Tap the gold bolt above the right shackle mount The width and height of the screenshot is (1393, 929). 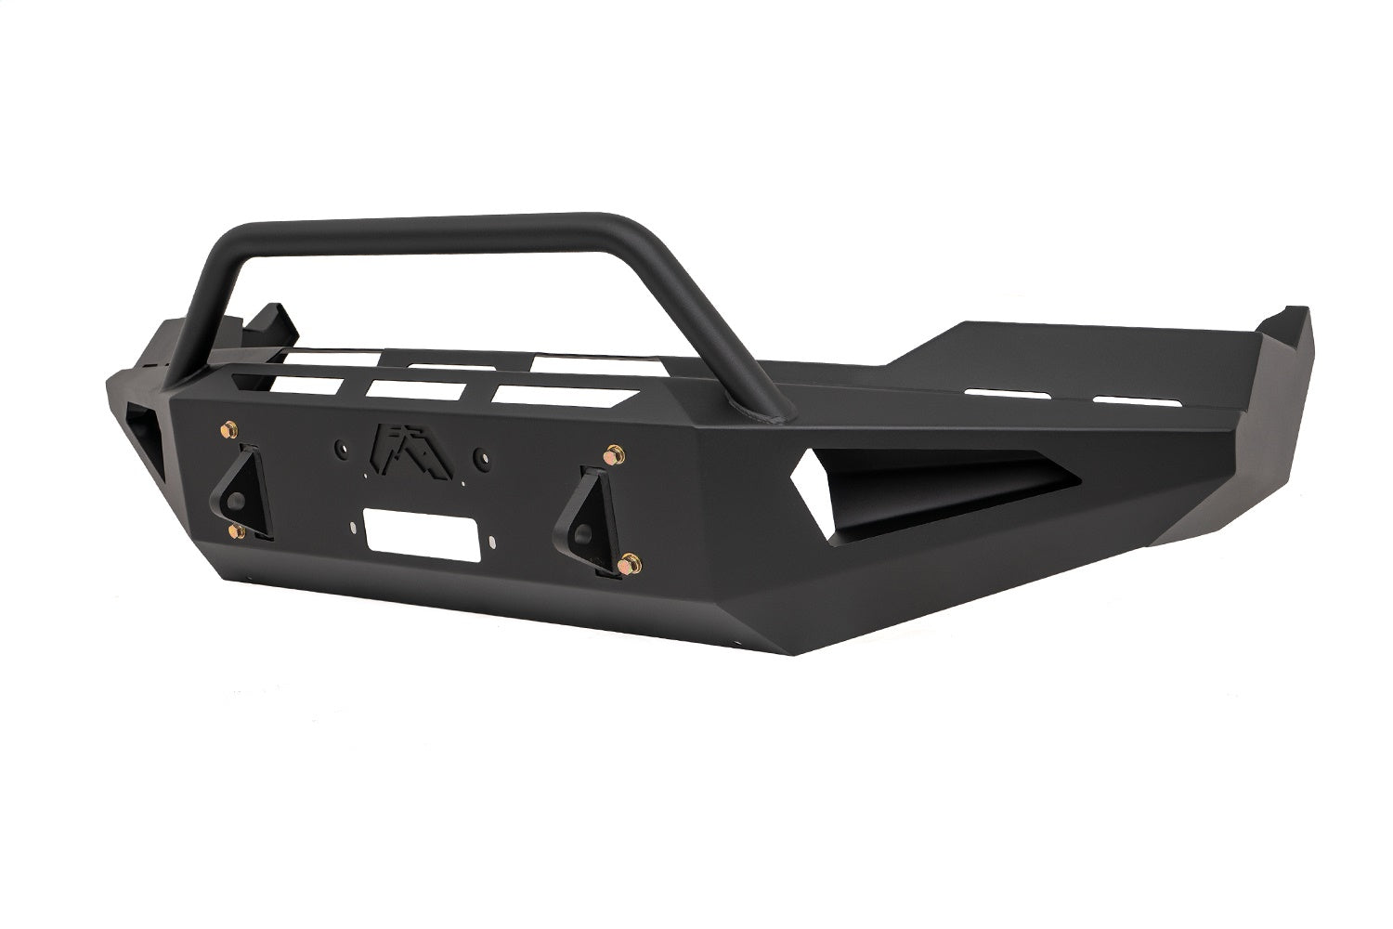tap(612, 456)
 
